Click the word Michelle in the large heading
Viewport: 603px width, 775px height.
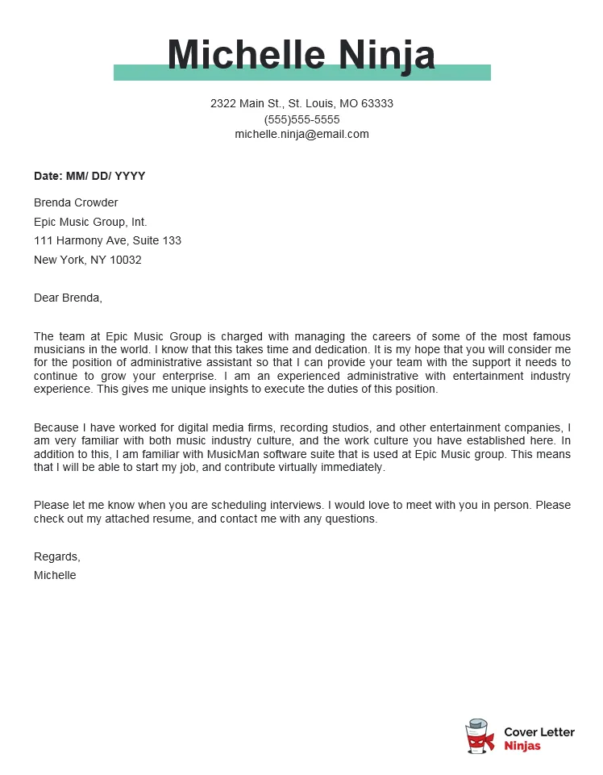pos(246,55)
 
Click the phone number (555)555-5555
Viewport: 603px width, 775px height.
pos(301,119)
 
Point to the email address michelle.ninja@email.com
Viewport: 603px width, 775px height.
pos(301,134)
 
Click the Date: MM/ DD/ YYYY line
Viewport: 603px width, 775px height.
pos(89,176)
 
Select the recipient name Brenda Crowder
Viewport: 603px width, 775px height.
pos(76,202)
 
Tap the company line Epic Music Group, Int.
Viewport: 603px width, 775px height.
pos(90,222)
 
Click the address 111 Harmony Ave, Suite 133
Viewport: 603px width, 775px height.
pos(107,240)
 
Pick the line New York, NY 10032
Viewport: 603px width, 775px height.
pos(87,260)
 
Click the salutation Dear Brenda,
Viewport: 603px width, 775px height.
pos(68,298)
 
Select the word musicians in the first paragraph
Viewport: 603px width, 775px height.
pos(58,350)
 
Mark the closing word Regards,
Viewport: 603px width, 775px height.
pos(57,556)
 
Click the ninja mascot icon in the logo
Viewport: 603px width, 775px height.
pos(480,737)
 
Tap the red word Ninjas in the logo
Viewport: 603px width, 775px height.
pos(522,746)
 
